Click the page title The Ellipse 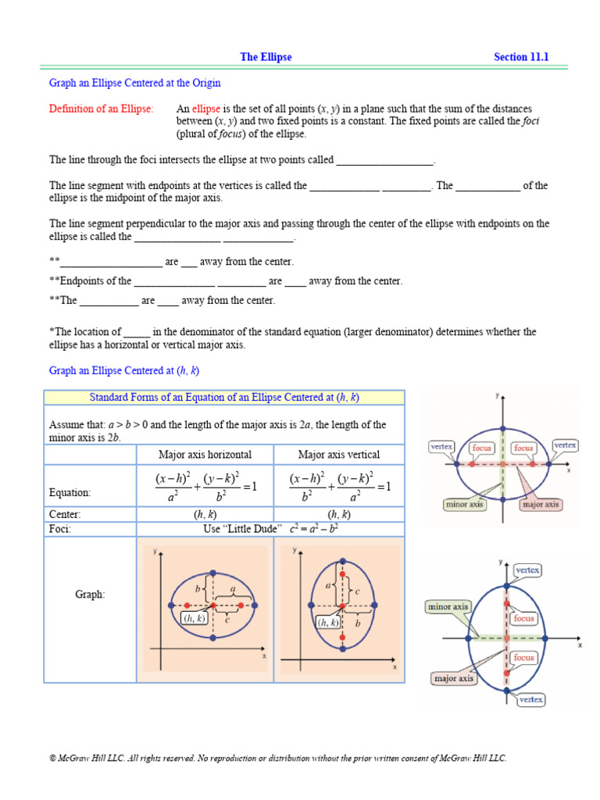click(x=266, y=57)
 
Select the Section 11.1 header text click(x=521, y=57)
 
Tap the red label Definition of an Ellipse click(x=102, y=109)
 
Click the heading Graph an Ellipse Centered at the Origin click(x=135, y=83)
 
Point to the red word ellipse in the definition click(x=207, y=109)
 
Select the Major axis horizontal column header click(x=205, y=455)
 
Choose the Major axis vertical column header click(x=339, y=455)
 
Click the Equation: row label click(x=70, y=493)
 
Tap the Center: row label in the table click(x=65, y=514)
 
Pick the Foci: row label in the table click(x=60, y=529)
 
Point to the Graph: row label click(x=90, y=595)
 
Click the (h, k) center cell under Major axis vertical click(x=339, y=514)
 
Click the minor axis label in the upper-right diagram click(x=465, y=505)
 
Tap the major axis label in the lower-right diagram click(x=454, y=678)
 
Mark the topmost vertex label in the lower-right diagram click(x=527, y=570)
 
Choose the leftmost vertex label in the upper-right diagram click(x=441, y=446)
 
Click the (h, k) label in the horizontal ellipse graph click(x=194, y=618)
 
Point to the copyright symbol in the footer click(x=52, y=759)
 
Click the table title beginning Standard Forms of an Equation click(x=224, y=398)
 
